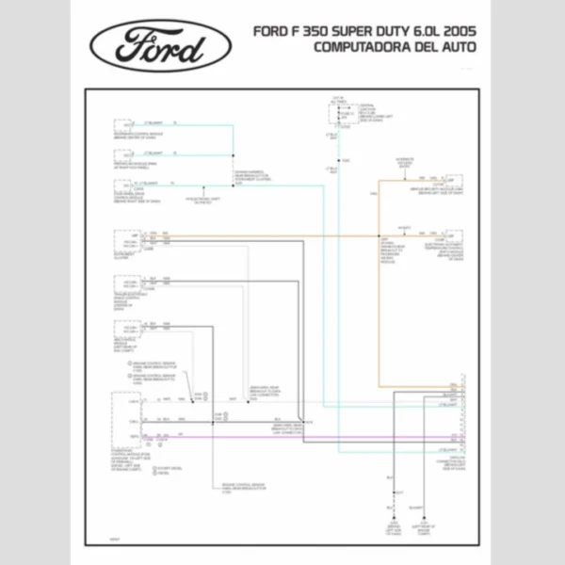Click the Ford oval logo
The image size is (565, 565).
(x=161, y=44)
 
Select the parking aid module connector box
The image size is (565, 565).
(x=123, y=155)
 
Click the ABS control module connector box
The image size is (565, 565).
(x=123, y=331)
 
